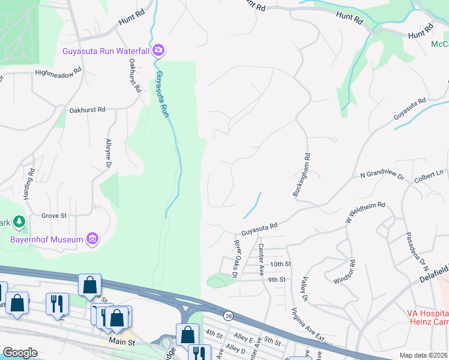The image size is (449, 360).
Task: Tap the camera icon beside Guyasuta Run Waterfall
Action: [x=158, y=50]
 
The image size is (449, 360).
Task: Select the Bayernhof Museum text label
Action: [x=46, y=240]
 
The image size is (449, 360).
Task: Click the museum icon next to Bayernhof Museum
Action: [x=92, y=239]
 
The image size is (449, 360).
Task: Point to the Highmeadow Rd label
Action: [x=58, y=72]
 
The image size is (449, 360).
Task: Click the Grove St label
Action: [x=53, y=215]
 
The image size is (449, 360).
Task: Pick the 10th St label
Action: [x=280, y=264]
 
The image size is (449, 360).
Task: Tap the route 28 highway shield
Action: [x=228, y=316]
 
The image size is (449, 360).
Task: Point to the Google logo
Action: [x=20, y=352]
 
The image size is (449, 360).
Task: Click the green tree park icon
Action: [x=20, y=223]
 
